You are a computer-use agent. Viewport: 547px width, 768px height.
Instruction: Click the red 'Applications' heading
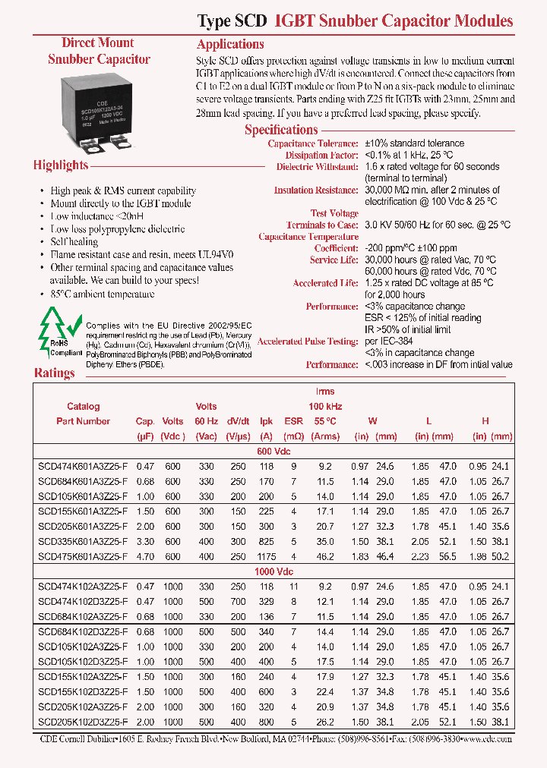(x=230, y=44)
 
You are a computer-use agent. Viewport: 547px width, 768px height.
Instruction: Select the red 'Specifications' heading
(x=281, y=130)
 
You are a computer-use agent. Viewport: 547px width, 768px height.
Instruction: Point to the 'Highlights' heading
(x=61, y=165)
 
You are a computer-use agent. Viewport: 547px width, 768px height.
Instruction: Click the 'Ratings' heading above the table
(x=55, y=373)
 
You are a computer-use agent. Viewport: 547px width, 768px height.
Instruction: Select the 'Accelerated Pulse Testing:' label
(x=308, y=342)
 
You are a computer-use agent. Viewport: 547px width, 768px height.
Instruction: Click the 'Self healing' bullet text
(x=74, y=241)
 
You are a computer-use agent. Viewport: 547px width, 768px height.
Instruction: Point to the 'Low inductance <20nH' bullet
(x=92, y=216)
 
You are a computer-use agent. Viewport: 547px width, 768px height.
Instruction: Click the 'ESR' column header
(x=293, y=421)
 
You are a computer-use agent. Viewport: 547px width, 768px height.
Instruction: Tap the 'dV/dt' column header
(x=238, y=421)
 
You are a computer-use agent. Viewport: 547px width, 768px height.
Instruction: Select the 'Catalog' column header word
(x=84, y=407)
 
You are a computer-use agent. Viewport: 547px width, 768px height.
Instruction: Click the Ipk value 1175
(x=266, y=556)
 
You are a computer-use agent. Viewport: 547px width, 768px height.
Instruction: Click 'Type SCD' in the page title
(x=231, y=21)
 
